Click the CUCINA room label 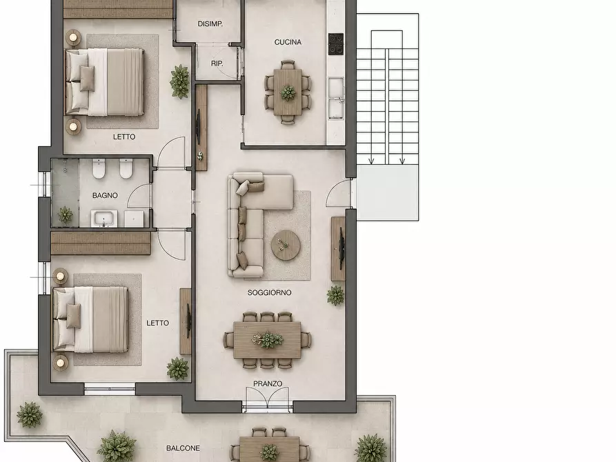(x=288, y=42)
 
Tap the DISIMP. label (x=210, y=24)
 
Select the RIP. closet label (x=217, y=63)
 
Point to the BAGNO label (x=105, y=195)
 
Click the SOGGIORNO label (x=269, y=292)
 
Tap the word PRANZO (x=268, y=383)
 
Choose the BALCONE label (x=183, y=448)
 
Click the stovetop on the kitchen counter (x=336, y=43)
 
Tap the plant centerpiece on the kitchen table (x=288, y=92)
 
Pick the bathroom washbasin (x=104, y=219)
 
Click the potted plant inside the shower (x=65, y=215)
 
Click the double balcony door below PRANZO (x=268, y=398)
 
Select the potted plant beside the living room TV (x=335, y=295)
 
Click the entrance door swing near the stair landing (x=338, y=192)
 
